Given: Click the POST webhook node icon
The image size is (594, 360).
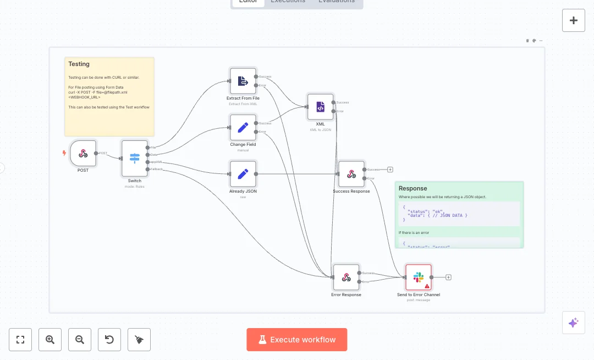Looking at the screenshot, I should (x=83, y=153).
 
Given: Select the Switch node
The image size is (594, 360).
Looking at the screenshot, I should (x=135, y=159).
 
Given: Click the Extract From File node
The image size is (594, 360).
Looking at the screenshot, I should (x=243, y=81).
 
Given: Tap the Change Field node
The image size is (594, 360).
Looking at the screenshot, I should (x=243, y=128).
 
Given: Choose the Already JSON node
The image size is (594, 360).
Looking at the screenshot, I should (x=243, y=174).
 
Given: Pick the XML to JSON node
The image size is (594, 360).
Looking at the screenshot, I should (x=320, y=107).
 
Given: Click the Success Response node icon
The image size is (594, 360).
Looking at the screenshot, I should (x=351, y=174).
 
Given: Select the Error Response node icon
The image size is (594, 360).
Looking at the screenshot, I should (x=346, y=277).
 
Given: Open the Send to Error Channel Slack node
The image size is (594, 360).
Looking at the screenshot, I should (x=419, y=277).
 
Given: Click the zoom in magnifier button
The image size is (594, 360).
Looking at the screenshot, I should (x=50, y=340).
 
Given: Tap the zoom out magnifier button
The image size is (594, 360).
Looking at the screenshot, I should (x=80, y=340).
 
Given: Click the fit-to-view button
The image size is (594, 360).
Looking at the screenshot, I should (x=20, y=340).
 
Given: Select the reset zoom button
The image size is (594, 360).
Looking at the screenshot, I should (x=109, y=340).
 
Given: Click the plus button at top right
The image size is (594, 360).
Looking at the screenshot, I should (x=574, y=20).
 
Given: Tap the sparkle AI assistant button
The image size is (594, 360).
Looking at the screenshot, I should (x=574, y=323).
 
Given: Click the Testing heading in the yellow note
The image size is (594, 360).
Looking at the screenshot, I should (x=79, y=64).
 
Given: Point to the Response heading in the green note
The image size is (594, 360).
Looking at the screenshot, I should (x=413, y=188).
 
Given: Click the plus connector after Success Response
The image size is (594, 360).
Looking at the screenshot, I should (x=390, y=170).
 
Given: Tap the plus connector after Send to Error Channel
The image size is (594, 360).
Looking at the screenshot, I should (x=448, y=277).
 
